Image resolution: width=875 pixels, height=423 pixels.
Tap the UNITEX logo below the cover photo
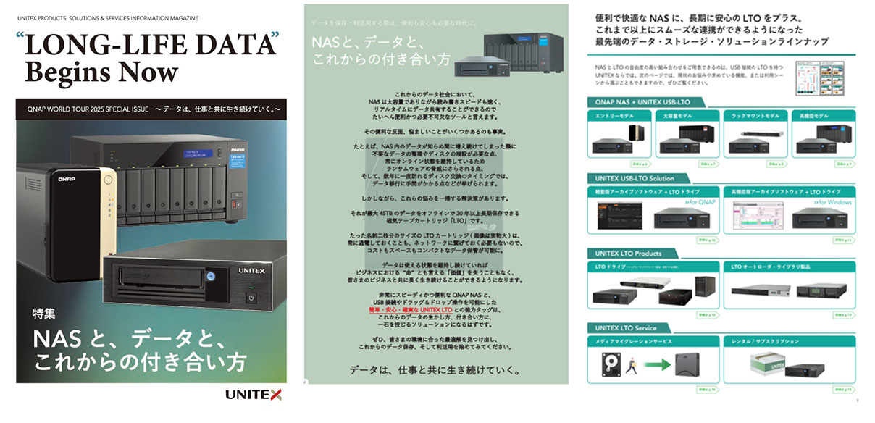coord(253,395)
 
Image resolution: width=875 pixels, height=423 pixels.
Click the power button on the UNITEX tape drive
coord(251,297)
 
